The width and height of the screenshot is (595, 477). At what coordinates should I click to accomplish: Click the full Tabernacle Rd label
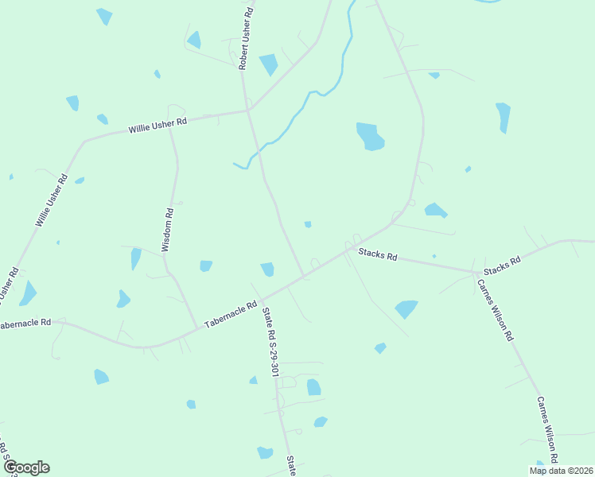(x=231, y=315)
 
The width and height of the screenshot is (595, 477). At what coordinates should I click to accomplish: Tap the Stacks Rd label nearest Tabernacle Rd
(x=376, y=255)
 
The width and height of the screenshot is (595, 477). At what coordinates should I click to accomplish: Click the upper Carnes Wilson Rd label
(x=495, y=310)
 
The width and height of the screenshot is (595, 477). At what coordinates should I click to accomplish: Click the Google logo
(x=26, y=467)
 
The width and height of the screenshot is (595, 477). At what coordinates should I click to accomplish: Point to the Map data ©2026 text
(x=562, y=471)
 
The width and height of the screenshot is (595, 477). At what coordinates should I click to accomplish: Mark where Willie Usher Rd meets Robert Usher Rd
(x=247, y=111)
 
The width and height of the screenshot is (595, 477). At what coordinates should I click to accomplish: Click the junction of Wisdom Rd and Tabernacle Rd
(x=197, y=328)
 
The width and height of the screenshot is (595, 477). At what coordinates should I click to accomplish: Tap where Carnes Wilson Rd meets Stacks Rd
(x=475, y=271)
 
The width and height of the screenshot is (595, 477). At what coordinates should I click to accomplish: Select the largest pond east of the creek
(x=369, y=137)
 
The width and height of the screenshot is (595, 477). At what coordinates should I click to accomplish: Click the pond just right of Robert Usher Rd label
(x=268, y=64)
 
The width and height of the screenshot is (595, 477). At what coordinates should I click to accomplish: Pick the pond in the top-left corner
(x=104, y=16)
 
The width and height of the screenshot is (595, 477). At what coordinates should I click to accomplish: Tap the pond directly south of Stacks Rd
(x=406, y=308)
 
